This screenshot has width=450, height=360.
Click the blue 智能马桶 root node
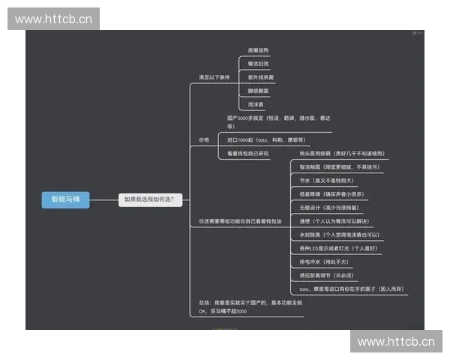[x=65, y=199]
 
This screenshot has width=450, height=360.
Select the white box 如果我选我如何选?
[x=150, y=199]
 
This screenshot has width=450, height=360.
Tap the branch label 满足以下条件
[x=214, y=76]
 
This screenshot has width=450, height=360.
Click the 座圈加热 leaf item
[x=259, y=49]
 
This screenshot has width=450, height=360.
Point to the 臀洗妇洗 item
[x=259, y=63]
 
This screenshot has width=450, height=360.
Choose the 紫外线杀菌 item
[x=261, y=76]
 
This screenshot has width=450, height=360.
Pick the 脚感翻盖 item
[x=259, y=90]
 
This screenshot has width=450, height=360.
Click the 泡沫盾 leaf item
[x=256, y=103]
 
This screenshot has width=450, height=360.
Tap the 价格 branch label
[x=204, y=139]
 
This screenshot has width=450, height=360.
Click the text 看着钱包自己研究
[x=248, y=153]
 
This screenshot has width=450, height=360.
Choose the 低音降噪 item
[x=328, y=193]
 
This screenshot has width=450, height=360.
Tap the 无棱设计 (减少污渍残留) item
[x=328, y=207]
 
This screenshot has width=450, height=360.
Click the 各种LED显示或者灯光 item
[x=337, y=247]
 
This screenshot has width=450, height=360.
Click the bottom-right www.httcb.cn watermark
[x=396, y=342]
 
